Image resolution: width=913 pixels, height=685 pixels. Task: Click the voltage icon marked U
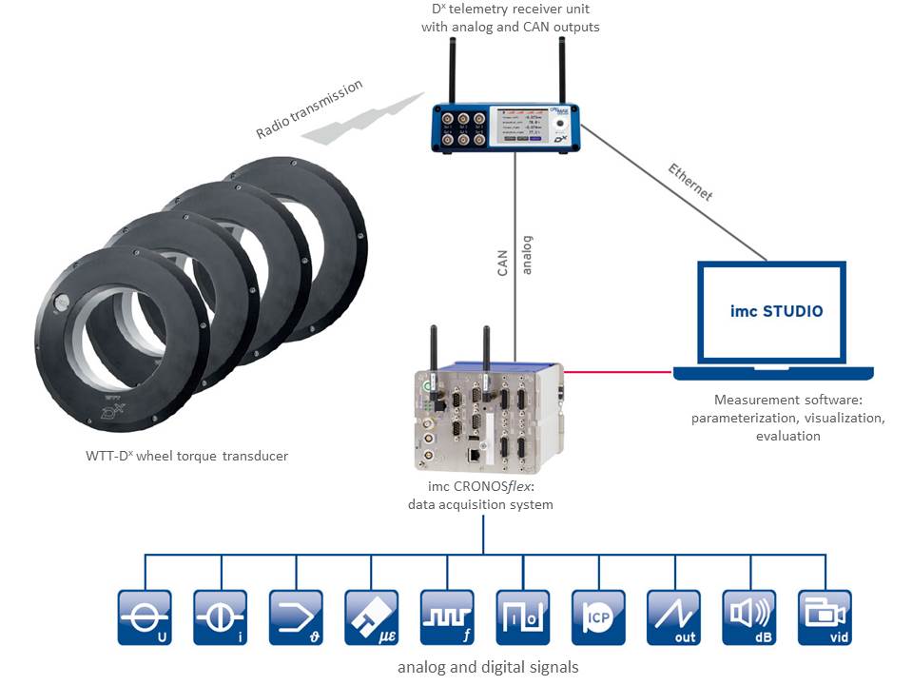(145, 617)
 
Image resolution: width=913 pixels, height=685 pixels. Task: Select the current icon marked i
(220, 617)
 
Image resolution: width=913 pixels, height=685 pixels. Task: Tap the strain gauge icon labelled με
(371, 617)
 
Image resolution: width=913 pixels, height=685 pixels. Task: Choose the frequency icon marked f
(446, 617)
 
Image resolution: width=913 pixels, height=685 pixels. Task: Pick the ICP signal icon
(598, 617)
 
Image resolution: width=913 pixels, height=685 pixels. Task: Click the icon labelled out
(673, 617)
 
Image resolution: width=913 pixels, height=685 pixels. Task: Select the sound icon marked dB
(749, 617)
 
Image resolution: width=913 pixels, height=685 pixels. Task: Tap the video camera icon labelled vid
(825, 617)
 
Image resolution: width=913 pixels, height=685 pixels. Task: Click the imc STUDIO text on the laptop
(777, 310)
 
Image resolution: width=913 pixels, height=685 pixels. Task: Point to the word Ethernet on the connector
(690, 182)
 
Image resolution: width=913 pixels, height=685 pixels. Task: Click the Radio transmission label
(309, 109)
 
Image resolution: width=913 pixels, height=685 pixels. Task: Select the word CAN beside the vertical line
(503, 258)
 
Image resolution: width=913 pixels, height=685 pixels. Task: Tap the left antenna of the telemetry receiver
(452, 71)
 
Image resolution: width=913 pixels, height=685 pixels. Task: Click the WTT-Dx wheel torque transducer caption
(186, 456)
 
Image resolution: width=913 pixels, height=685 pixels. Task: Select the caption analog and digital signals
(488, 667)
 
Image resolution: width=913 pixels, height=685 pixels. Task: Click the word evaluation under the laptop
(788, 436)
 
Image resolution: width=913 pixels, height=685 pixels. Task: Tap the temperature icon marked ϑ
(296, 617)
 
